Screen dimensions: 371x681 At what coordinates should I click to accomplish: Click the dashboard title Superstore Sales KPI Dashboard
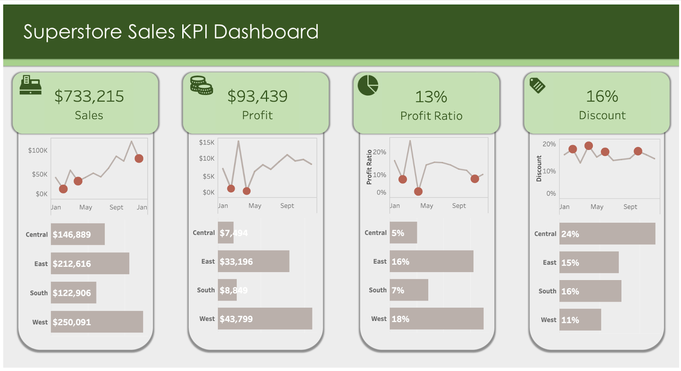[x=171, y=32]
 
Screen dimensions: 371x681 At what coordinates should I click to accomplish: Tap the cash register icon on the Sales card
[x=31, y=85]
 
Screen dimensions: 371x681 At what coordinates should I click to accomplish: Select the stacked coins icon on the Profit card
[x=201, y=85]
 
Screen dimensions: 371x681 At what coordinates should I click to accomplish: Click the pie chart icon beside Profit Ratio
[x=368, y=85]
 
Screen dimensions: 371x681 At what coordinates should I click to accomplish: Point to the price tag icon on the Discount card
[x=537, y=85]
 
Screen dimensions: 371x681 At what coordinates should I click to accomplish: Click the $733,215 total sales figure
[x=89, y=96]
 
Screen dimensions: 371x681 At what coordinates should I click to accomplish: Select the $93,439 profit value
[x=257, y=96]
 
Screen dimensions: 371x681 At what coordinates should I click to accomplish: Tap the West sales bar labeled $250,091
[x=97, y=322]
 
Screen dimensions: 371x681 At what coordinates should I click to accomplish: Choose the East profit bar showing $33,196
[x=253, y=261]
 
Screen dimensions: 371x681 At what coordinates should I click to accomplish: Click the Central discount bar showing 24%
[x=607, y=234]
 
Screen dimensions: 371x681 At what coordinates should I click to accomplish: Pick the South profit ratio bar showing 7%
[x=409, y=290]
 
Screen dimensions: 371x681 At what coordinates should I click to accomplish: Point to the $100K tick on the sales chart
[x=37, y=150]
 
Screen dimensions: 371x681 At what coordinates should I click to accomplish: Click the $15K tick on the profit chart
[x=206, y=142]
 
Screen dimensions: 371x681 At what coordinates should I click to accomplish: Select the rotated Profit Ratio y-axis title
[x=369, y=167]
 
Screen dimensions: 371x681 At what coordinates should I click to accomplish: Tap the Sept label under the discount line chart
[x=630, y=207]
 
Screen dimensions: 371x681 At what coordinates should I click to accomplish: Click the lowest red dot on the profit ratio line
[x=418, y=192]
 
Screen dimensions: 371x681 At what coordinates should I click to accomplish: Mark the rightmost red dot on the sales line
[x=139, y=159]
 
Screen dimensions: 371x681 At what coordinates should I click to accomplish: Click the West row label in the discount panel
[x=548, y=320]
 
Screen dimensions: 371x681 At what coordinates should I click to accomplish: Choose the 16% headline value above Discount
[x=602, y=96]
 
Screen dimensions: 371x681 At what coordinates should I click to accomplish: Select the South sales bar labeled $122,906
[x=74, y=293]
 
